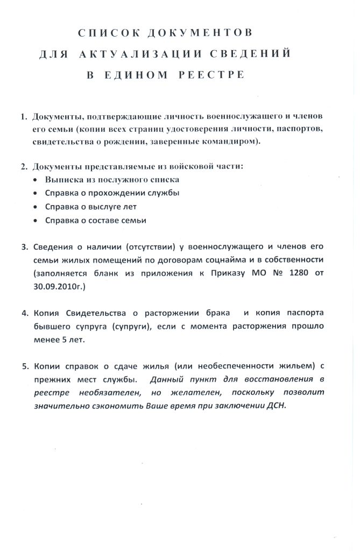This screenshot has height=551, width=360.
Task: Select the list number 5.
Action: tap(24, 366)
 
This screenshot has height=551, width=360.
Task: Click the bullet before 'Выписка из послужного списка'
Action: tap(36, 180)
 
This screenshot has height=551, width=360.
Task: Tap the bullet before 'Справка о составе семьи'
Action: tap(36, 221)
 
